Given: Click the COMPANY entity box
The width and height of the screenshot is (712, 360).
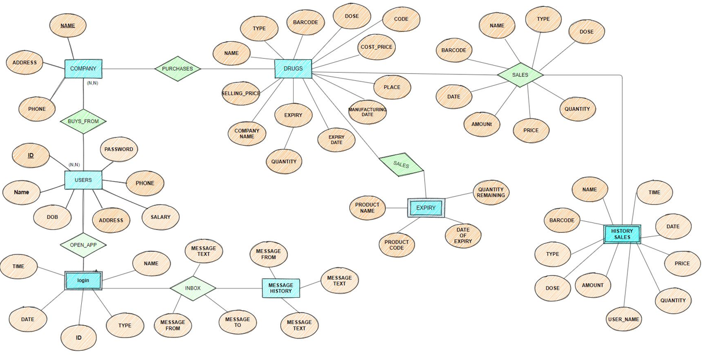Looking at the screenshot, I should (83, 69).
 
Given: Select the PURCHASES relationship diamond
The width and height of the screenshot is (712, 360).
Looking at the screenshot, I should (178, 69).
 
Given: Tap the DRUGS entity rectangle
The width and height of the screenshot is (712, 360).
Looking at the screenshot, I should (293, 69).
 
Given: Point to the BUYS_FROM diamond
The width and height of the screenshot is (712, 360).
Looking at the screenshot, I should (83, 121).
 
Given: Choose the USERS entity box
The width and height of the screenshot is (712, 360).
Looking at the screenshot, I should (83, 180).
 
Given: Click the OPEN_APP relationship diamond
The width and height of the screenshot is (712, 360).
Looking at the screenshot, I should (83, 245).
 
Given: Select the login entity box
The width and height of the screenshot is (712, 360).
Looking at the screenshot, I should (83, 280).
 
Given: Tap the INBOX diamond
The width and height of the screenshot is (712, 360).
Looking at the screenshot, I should (193, 288).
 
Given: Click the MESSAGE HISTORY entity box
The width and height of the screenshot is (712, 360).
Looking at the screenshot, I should (281, 287).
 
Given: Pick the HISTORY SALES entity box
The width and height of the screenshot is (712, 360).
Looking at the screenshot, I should (621, 234).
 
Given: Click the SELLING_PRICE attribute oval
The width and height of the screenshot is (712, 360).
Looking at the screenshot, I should (241, 93).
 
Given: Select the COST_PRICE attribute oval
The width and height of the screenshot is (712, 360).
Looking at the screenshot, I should (377, 47).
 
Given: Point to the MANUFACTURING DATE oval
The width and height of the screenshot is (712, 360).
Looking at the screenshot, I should (367, 111).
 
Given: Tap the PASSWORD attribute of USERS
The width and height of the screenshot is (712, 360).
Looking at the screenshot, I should (119, 149).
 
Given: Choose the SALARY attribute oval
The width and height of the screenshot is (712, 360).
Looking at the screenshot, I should (161, 217).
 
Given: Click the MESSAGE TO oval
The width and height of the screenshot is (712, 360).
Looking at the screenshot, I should (237, 322).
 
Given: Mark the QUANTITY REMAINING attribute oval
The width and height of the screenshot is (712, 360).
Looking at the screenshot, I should (491, 192).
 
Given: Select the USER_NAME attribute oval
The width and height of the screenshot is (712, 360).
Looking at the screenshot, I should (624, 319).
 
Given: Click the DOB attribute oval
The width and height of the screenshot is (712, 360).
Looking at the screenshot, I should (53, 217).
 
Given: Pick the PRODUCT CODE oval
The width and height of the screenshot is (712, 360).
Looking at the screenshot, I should (397, 245).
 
